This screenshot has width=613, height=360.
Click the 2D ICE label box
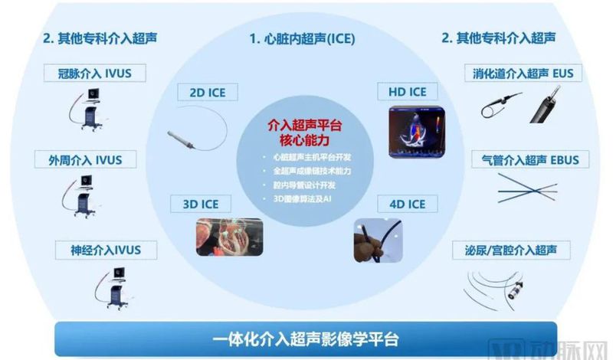[x=202, y=93]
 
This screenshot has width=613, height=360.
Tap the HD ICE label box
[x=407, y=93]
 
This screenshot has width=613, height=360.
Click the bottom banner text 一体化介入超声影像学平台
[x=306, y=336]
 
